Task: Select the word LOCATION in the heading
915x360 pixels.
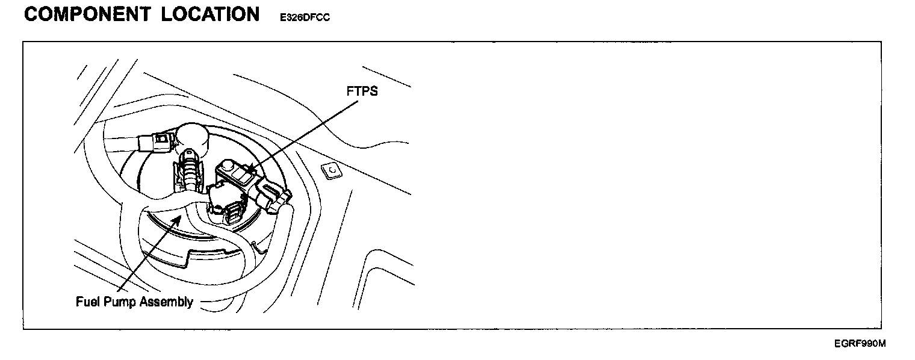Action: coord(210,14)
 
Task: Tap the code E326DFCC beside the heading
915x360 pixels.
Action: coord(305,18)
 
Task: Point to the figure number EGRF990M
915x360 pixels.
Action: coord(860,344)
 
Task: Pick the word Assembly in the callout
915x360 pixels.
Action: coord(166,302)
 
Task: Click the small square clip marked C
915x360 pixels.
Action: coord(331,171)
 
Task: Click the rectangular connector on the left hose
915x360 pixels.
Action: coord(155,143)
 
